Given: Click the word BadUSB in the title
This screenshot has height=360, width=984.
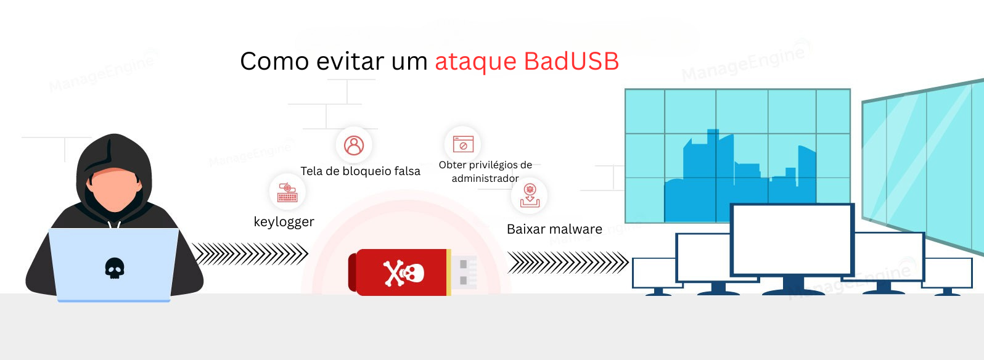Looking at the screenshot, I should click(x=571, y=62).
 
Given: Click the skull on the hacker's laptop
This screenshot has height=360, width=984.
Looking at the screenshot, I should click(x=115, y=268).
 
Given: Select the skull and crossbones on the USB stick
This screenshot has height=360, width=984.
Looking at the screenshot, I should click(x=404, y=273).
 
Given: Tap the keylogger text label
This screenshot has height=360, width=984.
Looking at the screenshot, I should click(x=284, y=222).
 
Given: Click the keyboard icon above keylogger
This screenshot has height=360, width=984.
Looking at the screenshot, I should click(x=287, y=192).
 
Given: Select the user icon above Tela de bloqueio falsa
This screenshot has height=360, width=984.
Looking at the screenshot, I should click(x=354, y=145).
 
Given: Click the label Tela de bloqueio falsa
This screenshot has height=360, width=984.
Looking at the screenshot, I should click(x=360, y=171).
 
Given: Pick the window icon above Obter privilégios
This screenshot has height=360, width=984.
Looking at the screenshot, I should click(x=463, y=144).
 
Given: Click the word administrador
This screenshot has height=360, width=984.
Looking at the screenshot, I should click(x=485, y=179).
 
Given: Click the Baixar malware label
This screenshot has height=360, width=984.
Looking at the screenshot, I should click(x=554, y=229).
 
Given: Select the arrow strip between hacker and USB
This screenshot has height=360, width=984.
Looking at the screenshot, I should click(x=250, y=253).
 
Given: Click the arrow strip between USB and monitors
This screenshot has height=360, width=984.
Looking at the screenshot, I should click(x=567, y=263).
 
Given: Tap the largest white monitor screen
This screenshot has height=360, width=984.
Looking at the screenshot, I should click(x=792, y=239).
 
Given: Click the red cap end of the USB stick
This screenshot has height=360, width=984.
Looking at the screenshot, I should click(x=353, y=272).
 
